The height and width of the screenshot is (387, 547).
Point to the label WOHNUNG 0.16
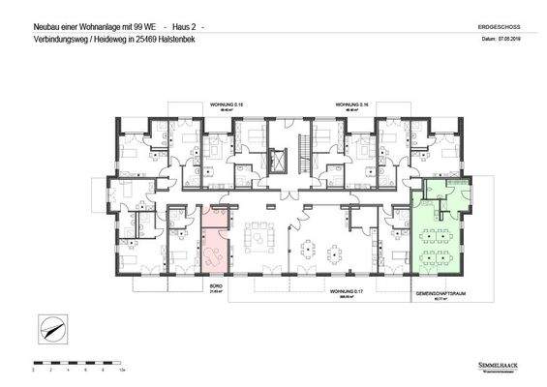point(349,102)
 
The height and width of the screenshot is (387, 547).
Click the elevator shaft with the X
point(280,159)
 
